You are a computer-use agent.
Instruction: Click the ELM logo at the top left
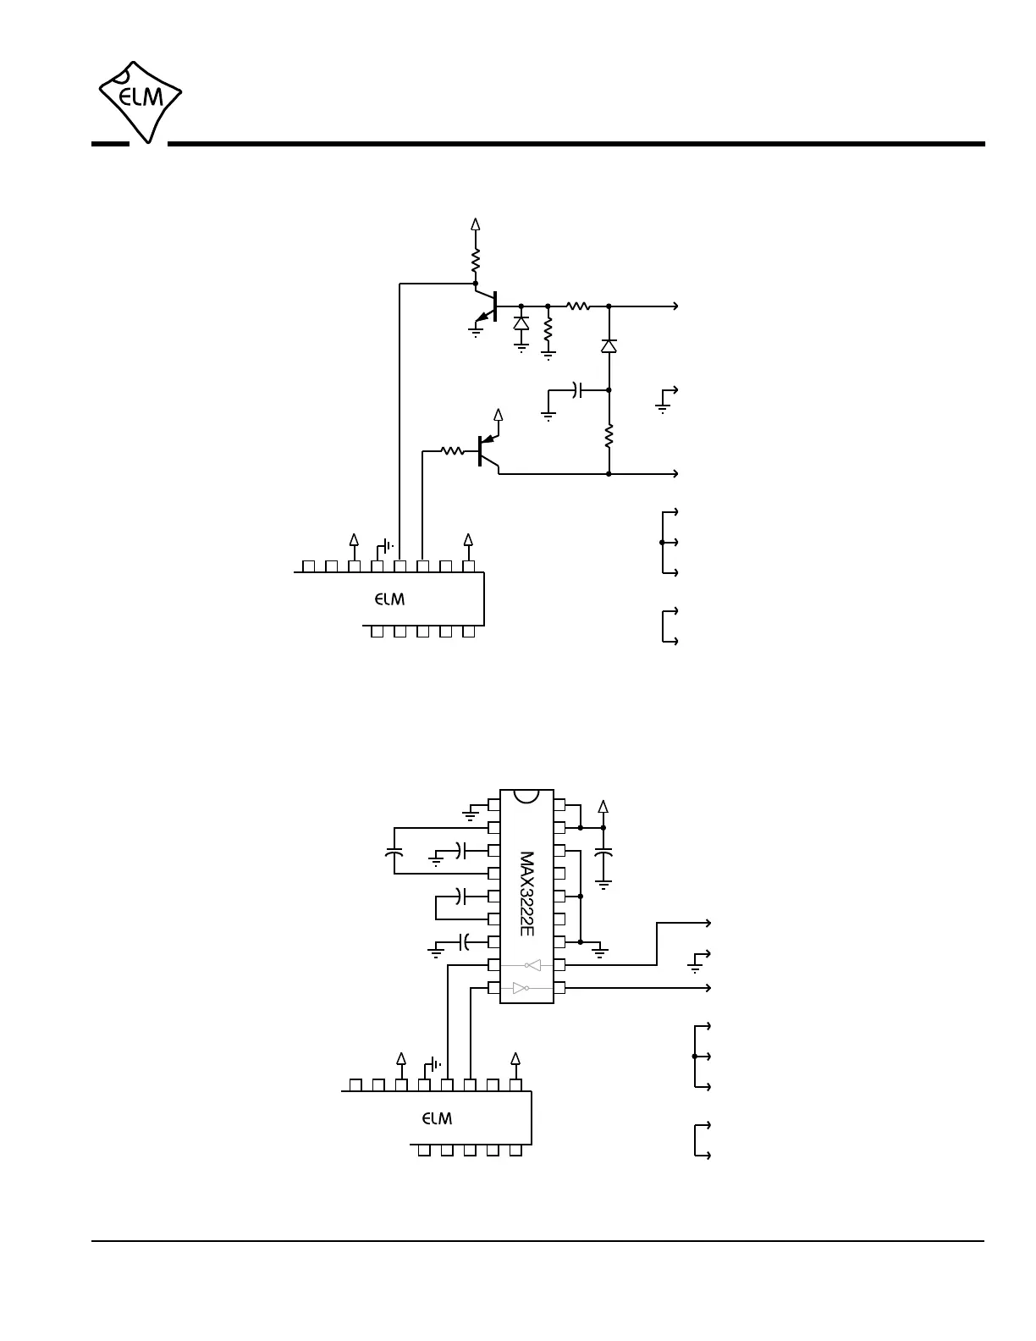(x=141, y=101)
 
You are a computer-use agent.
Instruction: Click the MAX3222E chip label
(x=526, y=893)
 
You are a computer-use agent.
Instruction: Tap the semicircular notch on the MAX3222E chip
(x=526, y=797)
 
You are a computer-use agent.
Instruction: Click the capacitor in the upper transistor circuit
(x=578, y=390)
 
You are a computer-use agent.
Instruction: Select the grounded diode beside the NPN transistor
(x=521, y=323)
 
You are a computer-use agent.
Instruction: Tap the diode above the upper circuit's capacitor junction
(x=609, y=345)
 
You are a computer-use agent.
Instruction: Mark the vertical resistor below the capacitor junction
(x=609, y=437)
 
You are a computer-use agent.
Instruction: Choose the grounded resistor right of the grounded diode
(x=548, y=332)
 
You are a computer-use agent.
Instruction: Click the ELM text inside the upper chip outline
(x=390, y=599)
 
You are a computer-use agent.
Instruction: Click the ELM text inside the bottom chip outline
(x=438, y=1118)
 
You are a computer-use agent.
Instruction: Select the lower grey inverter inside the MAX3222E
(x=521, y=987)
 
